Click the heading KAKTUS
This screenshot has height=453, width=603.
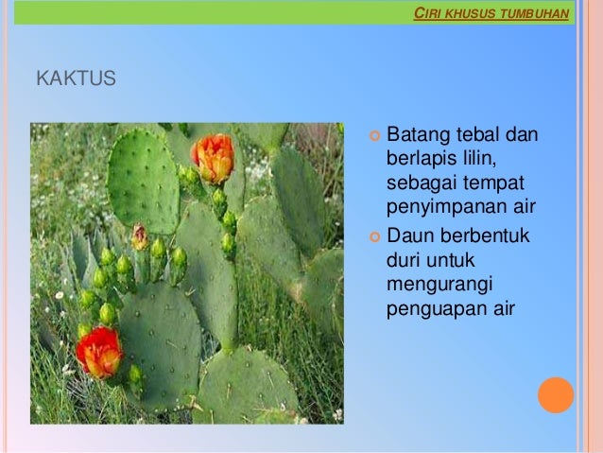pyautogui.click(x=76, y=78)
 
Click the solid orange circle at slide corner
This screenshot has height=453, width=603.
pyautogui.click(x=556, y=394)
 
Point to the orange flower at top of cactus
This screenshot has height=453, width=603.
pyautogui.click(x=213, y=157)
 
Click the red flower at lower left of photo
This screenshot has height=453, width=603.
pyautogui.click(x=98, y=352)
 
